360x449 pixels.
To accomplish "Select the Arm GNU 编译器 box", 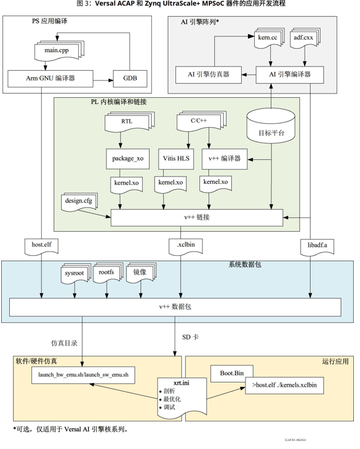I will coord(49,79).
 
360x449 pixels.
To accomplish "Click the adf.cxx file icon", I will coord(305,40).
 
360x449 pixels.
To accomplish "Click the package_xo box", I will coord(127,159).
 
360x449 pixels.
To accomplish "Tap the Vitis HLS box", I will coord(175,159).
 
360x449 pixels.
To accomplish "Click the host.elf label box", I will coord(41,245).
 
